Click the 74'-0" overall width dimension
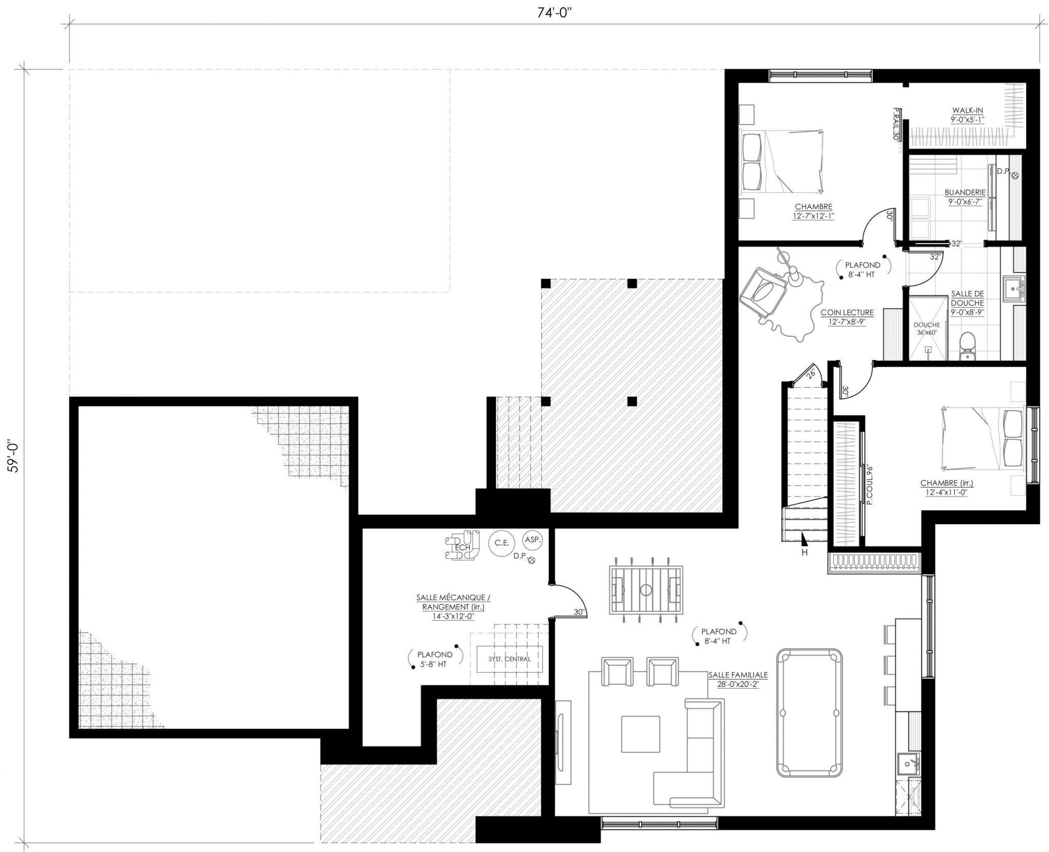pos(554,13)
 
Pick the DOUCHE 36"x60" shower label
pos(926,328)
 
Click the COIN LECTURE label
pos(847,316)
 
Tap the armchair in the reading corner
pos(763,293)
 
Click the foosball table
pos(646,589)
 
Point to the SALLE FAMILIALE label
pos(738,679)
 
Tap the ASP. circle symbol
pos(532,540)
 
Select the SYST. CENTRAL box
pos(509,659)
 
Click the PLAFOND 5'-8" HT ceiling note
pos(435,659)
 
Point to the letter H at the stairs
pos(805,552)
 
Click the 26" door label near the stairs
pos(810,374)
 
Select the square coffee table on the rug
pos(640,734)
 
